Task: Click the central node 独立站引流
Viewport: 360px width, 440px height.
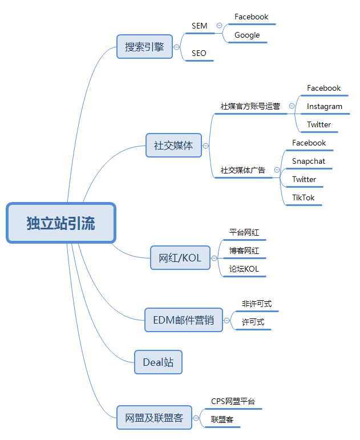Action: click(x=61, y=223)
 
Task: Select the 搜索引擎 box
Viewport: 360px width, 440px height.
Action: click(x=144, y=47)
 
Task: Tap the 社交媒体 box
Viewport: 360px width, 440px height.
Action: click(x=173, y=146)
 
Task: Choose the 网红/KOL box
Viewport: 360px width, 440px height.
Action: click(x=180, y=257)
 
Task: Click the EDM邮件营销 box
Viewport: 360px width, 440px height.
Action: click(x=183, y=320)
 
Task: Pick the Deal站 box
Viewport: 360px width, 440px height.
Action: click(x=158, y=362)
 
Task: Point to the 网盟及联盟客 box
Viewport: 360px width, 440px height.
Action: click(x=154, y=418)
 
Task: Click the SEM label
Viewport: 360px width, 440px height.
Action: click(x=199, y=26)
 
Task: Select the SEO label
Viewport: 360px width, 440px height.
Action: click(x=199, y=54)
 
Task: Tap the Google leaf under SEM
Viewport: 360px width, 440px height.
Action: click(x=247, y=35)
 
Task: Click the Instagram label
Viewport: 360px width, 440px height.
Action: click(x=325, y=106)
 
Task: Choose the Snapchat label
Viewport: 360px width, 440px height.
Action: click(x=309, y=162)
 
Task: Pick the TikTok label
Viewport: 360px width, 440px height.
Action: click(x=304, y=198)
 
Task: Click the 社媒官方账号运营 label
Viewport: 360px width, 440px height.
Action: click(x=250, y=106)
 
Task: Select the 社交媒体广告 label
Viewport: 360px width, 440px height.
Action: click(x=243, y=170)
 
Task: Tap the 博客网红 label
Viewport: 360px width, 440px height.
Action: click(x=244, y=251)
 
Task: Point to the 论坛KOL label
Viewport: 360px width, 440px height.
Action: click(x=244, y=269)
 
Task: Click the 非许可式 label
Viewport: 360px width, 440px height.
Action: click(x=257, y=304)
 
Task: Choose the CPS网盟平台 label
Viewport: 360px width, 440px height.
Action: click(x=233, y=402)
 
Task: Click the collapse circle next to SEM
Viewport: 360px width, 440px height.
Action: click(x=219, y=26)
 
